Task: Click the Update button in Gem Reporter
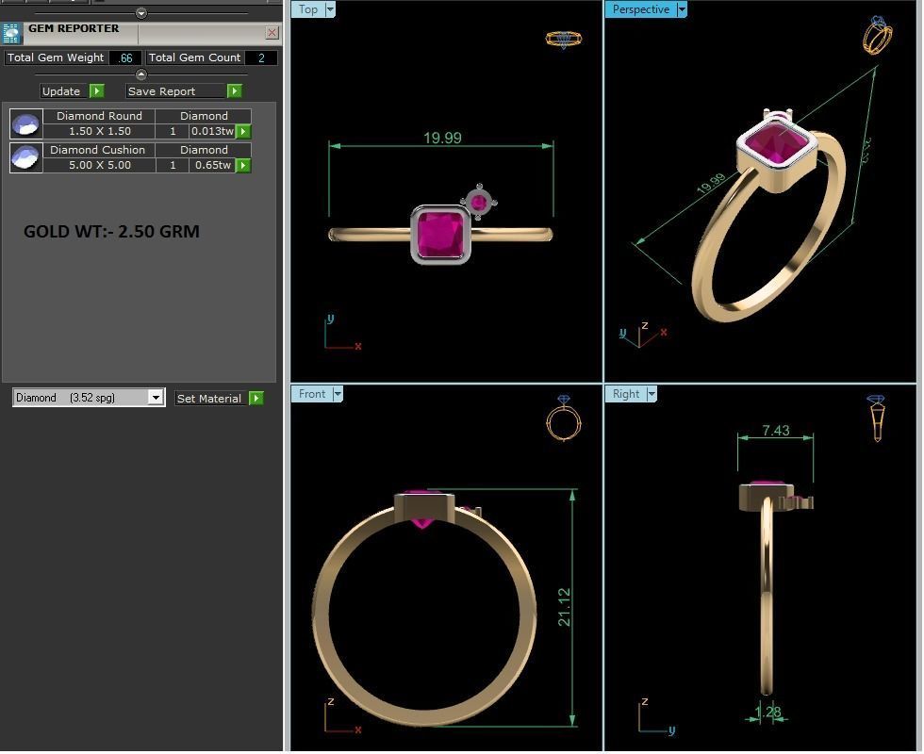(61, 91)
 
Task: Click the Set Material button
(209, 399)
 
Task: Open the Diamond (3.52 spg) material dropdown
(156, 398)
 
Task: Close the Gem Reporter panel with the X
(272, 33)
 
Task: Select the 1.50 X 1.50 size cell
(100, 132)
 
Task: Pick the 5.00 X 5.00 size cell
(100, 166)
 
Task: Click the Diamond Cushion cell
(98, 150)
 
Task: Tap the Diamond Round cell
(100, 116)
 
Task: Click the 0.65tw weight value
(212, 166)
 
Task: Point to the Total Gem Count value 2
(261, 58)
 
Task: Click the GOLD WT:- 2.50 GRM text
(111, 232)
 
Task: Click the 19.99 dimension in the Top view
(442, 139)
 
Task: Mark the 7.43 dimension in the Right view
(775, 431)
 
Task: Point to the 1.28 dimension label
(768, 713)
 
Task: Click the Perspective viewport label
(640, 9)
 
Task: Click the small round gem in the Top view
(479, 202)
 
